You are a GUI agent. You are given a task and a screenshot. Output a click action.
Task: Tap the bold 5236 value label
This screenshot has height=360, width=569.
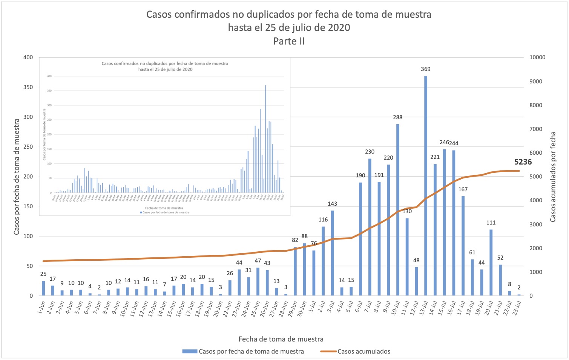point(523,162)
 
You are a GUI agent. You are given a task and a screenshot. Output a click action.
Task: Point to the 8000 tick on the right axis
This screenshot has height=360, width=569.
point(537,105)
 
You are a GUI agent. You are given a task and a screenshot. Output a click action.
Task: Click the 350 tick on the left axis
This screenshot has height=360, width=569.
point(28,87)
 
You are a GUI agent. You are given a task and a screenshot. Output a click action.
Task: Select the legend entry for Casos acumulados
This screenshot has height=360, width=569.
point(363,351)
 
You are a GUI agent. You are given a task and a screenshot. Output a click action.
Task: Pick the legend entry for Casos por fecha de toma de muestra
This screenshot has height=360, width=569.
point(251,351)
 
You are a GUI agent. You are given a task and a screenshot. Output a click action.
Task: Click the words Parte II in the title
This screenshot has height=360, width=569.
point(289,41)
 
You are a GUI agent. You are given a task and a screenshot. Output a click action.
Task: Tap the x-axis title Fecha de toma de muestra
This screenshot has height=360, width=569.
point(281,339)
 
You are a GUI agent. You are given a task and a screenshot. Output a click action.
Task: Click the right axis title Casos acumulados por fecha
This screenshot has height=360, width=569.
point(553,177)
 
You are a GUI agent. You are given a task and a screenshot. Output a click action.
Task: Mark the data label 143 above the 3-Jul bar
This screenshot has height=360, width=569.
point(332,204)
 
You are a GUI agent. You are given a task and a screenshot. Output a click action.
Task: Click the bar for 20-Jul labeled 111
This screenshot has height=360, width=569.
point(491,263)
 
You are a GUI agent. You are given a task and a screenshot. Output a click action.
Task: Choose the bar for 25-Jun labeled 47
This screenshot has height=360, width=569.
point(258,282)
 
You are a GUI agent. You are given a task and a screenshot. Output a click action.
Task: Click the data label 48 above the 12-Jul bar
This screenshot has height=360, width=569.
point(416,260)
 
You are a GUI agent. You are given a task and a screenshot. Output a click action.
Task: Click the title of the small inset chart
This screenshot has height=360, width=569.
point(165,66)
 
